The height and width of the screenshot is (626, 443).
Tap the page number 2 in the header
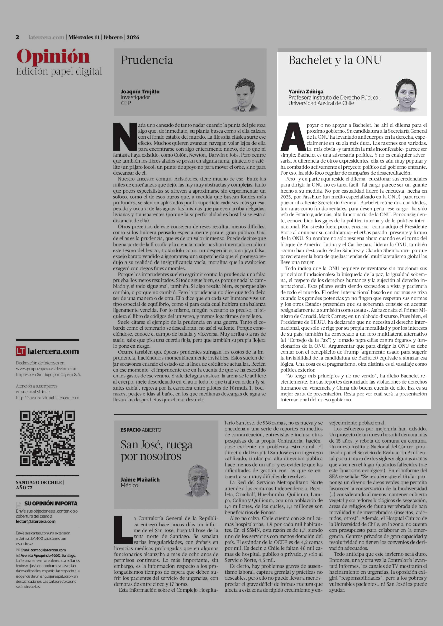[17, 37]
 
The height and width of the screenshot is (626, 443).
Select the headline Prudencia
[147, 60]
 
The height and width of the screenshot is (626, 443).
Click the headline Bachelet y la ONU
[335, 60]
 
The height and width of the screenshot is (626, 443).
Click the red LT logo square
[21, 351]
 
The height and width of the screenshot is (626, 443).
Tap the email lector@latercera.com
[35, 521]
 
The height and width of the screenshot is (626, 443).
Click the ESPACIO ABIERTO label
[141, 430]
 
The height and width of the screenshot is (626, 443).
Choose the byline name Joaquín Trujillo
[140, 92]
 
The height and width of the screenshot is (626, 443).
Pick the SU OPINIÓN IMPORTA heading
[51, 503]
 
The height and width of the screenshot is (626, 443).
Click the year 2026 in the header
[133, 37]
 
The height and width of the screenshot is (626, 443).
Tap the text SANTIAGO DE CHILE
[39, 482]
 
